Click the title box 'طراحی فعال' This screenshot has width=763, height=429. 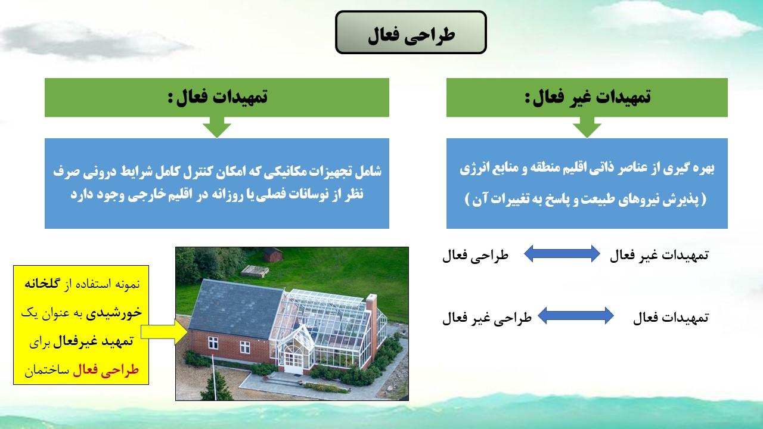411,32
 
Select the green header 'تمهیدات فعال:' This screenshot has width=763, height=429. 217,97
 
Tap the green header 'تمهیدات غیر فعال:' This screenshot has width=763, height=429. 587,97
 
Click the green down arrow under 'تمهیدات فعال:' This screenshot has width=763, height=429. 217,128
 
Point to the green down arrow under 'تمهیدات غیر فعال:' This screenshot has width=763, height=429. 587,128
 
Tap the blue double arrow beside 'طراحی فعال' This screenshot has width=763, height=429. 562,254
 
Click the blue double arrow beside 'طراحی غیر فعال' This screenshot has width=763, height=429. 576,316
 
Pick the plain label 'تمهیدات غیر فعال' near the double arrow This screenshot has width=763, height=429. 659,256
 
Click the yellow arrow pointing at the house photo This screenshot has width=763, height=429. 164,332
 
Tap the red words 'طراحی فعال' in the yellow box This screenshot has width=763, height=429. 106,370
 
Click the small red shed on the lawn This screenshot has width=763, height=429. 273,254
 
